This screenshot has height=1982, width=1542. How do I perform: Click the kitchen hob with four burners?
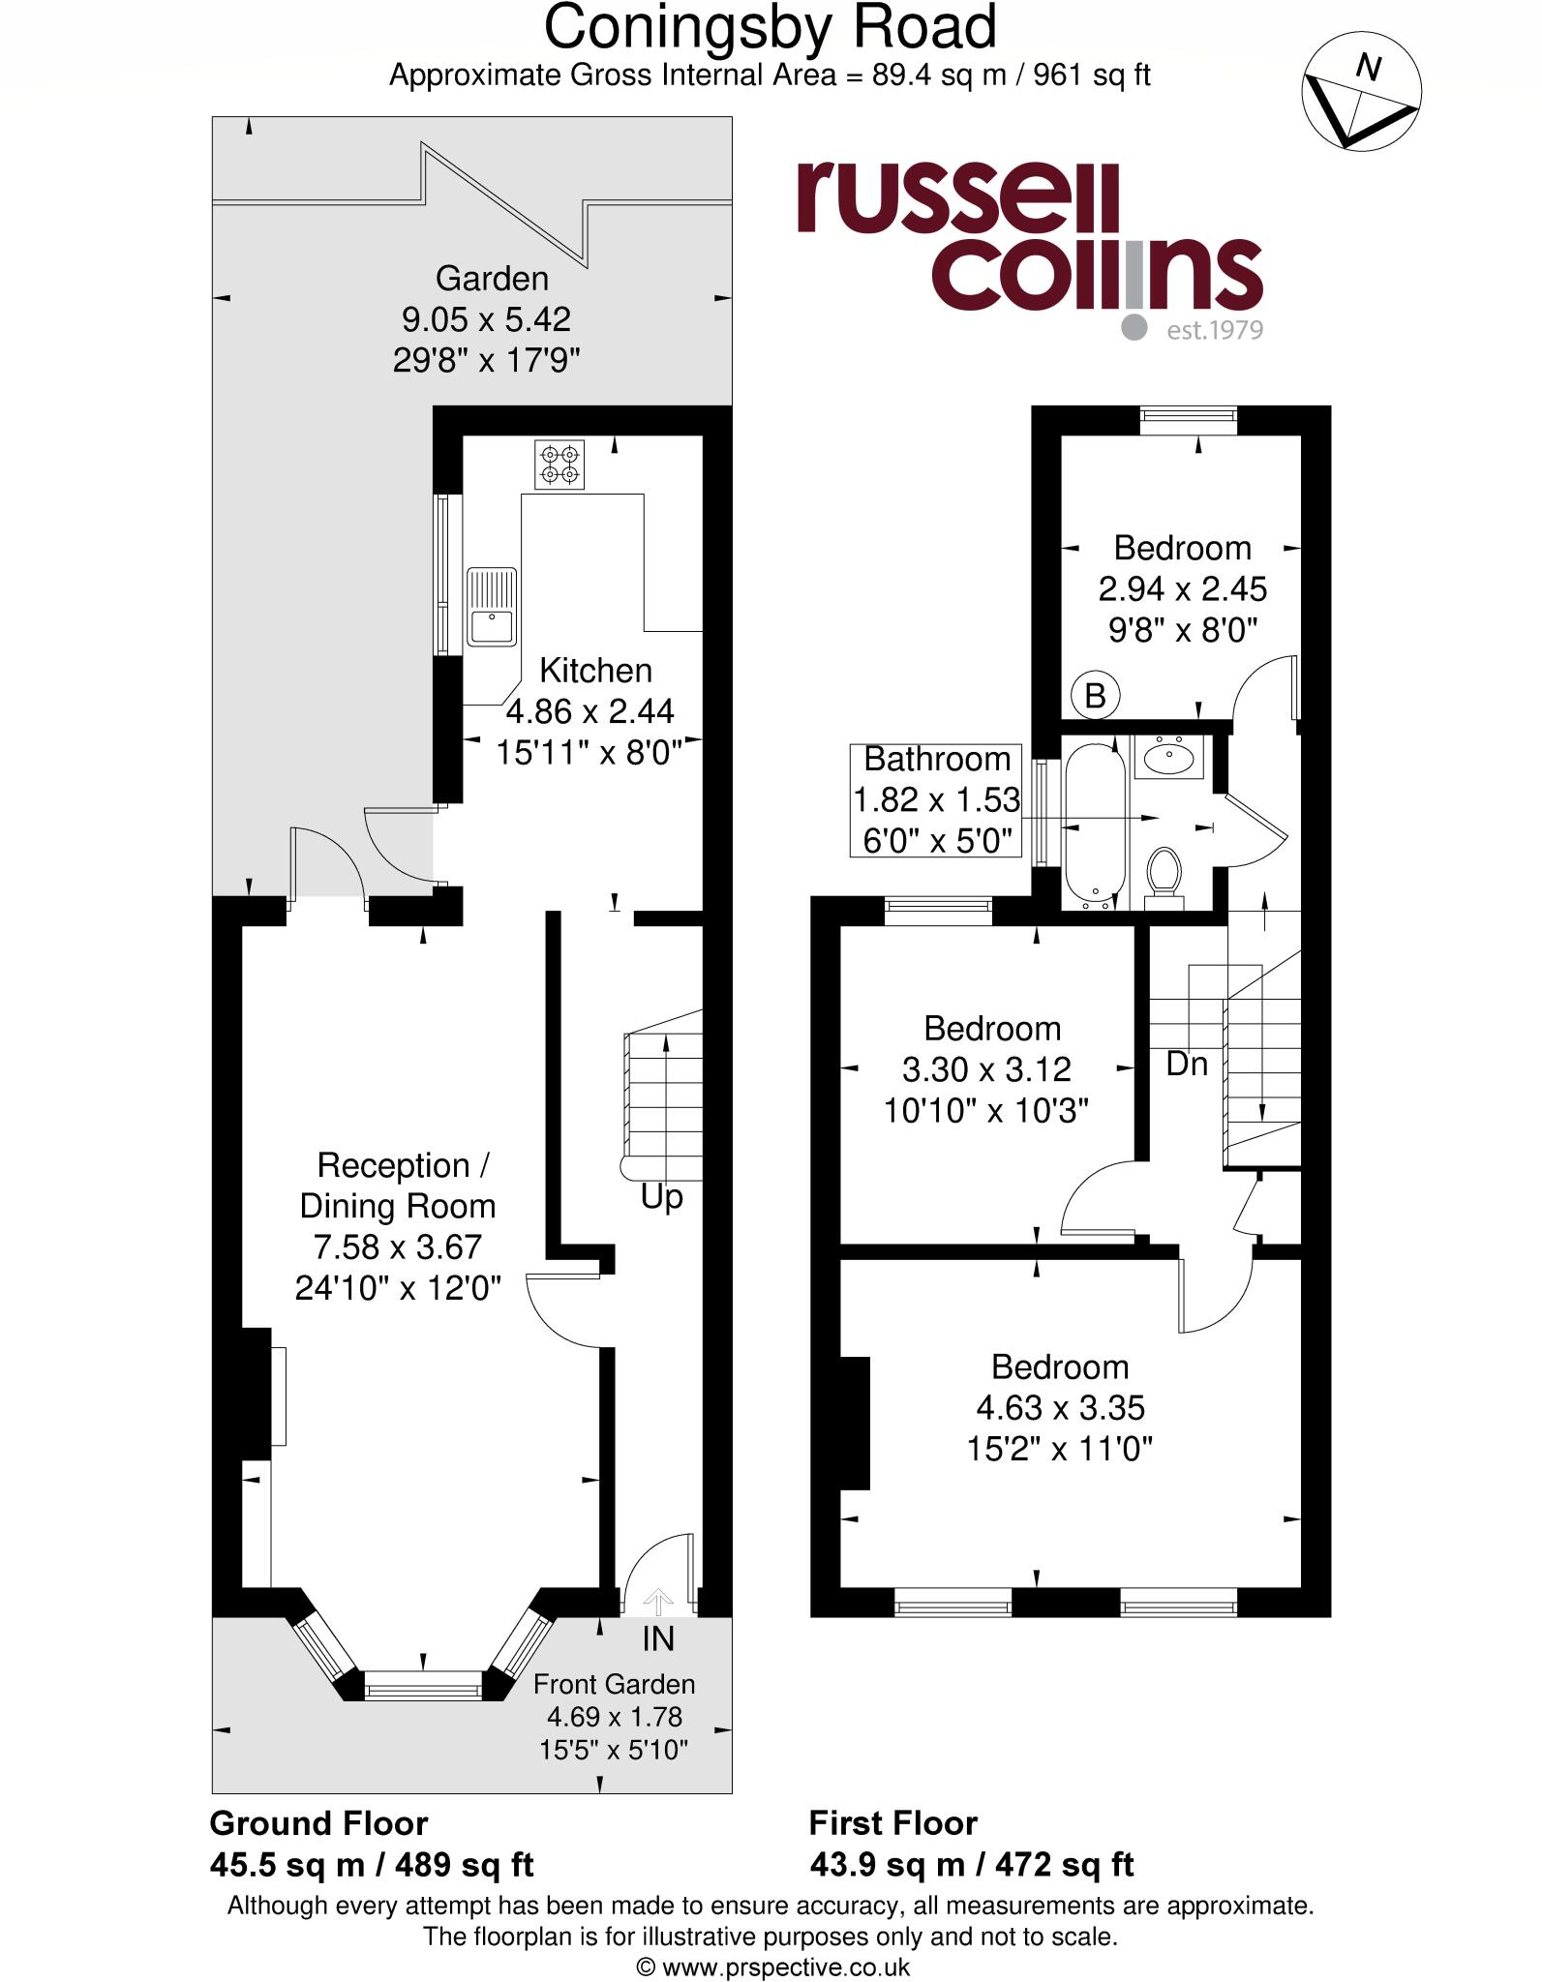click(559, 465)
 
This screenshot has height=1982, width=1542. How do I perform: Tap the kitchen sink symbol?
click(492, 606)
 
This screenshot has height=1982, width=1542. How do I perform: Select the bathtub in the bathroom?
click(1095, 823)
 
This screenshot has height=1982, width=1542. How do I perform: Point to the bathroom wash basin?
click(1169, 757)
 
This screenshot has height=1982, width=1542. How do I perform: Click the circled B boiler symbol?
click(1095, 695)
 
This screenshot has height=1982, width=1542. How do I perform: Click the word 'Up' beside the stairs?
click(661, 1197)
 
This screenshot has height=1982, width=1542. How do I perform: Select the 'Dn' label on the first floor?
click(1187, 1064)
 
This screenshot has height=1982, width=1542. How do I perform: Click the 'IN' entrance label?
click(657, 1638)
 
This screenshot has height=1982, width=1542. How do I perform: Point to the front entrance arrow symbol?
click(657, 1603)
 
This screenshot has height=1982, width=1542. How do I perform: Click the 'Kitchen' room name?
click(595, 670)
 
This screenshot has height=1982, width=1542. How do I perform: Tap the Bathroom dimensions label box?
click(936, 799)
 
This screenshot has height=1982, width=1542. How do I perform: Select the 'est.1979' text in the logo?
click(1214, 330)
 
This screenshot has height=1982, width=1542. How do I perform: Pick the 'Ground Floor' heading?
click(318, 1823)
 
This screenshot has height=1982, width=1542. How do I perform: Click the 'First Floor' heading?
click(892, 1823)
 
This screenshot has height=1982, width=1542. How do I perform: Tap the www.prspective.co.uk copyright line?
click(772, 1967)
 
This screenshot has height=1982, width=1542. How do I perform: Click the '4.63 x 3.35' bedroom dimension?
click(1060, 1407)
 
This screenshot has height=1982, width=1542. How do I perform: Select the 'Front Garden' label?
click(614, 1684)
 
